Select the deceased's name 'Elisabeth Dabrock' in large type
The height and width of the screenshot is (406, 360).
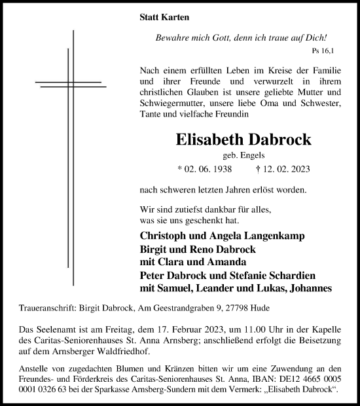click(x=234, y=140)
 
